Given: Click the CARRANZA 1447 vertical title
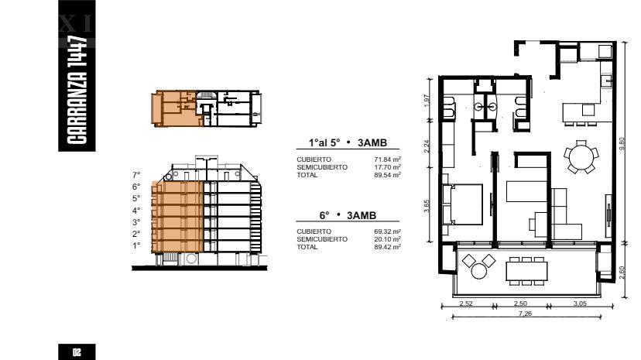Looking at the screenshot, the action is point(77,91).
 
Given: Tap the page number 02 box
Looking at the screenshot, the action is point(77,351).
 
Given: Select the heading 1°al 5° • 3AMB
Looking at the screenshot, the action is point(348,143).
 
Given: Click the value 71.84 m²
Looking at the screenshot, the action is point(387,159).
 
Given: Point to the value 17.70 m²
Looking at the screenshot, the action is point(387,167).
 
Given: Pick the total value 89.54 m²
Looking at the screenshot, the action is point(387,175).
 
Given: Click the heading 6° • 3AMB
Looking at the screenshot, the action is point(348,215).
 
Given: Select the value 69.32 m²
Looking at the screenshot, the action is point(387,231).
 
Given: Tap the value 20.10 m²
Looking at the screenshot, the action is point(387,239).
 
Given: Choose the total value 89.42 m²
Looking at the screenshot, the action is point(387,247).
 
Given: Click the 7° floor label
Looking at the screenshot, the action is point(136,175).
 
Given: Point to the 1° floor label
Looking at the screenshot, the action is point(136,245).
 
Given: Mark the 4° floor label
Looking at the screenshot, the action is point(136,211).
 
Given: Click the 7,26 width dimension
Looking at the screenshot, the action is point(525,314).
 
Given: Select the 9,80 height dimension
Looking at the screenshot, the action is point(622,143).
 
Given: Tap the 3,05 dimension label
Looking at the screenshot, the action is point(580,303).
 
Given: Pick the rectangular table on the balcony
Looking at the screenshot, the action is point(526,271).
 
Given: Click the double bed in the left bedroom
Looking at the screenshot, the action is point(462,204).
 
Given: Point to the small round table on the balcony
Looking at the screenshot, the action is point(478,271).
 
